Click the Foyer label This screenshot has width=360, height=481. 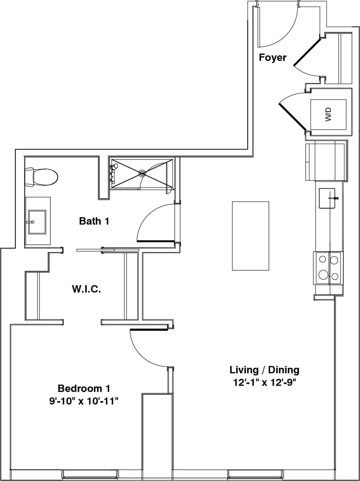pyautogui.click(x=273, y=58)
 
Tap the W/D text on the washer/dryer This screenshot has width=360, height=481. pyautogui.click(x=328, y=114)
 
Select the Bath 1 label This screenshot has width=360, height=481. pyautogui.click(x=94, y=221)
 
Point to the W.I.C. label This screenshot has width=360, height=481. pyautogui.click(x=86, y=289)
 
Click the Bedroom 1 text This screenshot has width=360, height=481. pyautogui.click(x=84, y=389)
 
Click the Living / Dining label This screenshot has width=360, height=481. pyautogui.click(x=264, y=370)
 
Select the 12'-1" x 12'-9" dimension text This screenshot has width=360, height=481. pyautogui.click(x=264, y=383)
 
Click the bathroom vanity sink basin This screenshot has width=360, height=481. pyautogui.click(x=37, y=221)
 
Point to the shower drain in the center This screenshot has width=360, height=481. pyautogui.click(x=142, y=174)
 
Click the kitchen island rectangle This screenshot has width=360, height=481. pyautogui.click(x=250, y=236)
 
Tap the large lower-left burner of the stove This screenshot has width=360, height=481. pyautogui.click(x=323, y=275)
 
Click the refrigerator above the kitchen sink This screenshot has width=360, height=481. pyautogui.click(x=326, y=161)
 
